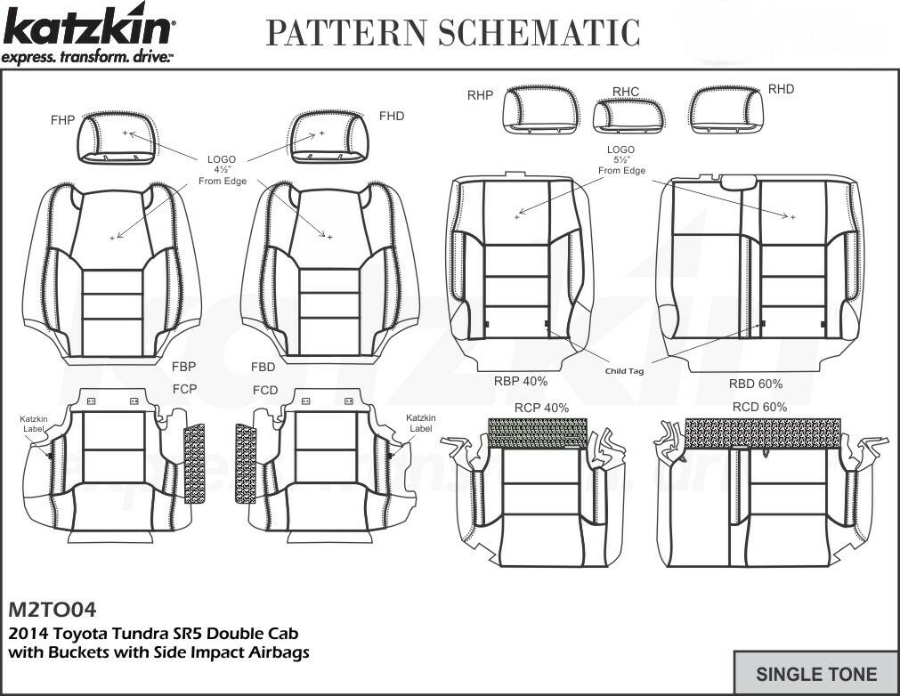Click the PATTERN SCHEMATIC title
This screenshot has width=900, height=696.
tap(453, 32)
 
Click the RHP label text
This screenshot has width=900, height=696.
tap(480, 95)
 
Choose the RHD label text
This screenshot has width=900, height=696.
tap(781, 89)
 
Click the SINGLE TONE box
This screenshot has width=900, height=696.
tap(815, 674)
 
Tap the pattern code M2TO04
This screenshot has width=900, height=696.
tap(52, 611)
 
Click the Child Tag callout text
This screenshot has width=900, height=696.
tap(624, 371)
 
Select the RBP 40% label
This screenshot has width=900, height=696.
tap(521, 381)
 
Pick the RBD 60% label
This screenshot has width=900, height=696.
tap(756, 384)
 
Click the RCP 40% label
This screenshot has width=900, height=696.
tap(541, 408)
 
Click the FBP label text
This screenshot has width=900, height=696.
tap(183, 366)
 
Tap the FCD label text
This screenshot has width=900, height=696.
tap(264, 391)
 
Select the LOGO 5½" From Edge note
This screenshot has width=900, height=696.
tap(620, 160)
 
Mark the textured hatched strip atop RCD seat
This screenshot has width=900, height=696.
tap(763, 433)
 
